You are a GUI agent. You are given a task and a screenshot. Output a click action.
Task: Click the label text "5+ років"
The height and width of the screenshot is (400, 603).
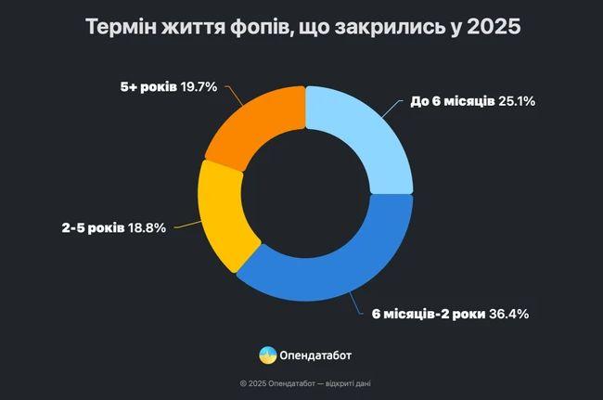[147, 87]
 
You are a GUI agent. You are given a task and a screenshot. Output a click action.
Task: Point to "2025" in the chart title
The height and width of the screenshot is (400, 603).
[493, 27]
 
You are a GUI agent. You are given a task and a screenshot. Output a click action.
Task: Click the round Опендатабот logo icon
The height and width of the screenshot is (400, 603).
[267, 355]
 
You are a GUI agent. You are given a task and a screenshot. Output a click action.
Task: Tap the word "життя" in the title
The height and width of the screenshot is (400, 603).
[192, 27]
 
